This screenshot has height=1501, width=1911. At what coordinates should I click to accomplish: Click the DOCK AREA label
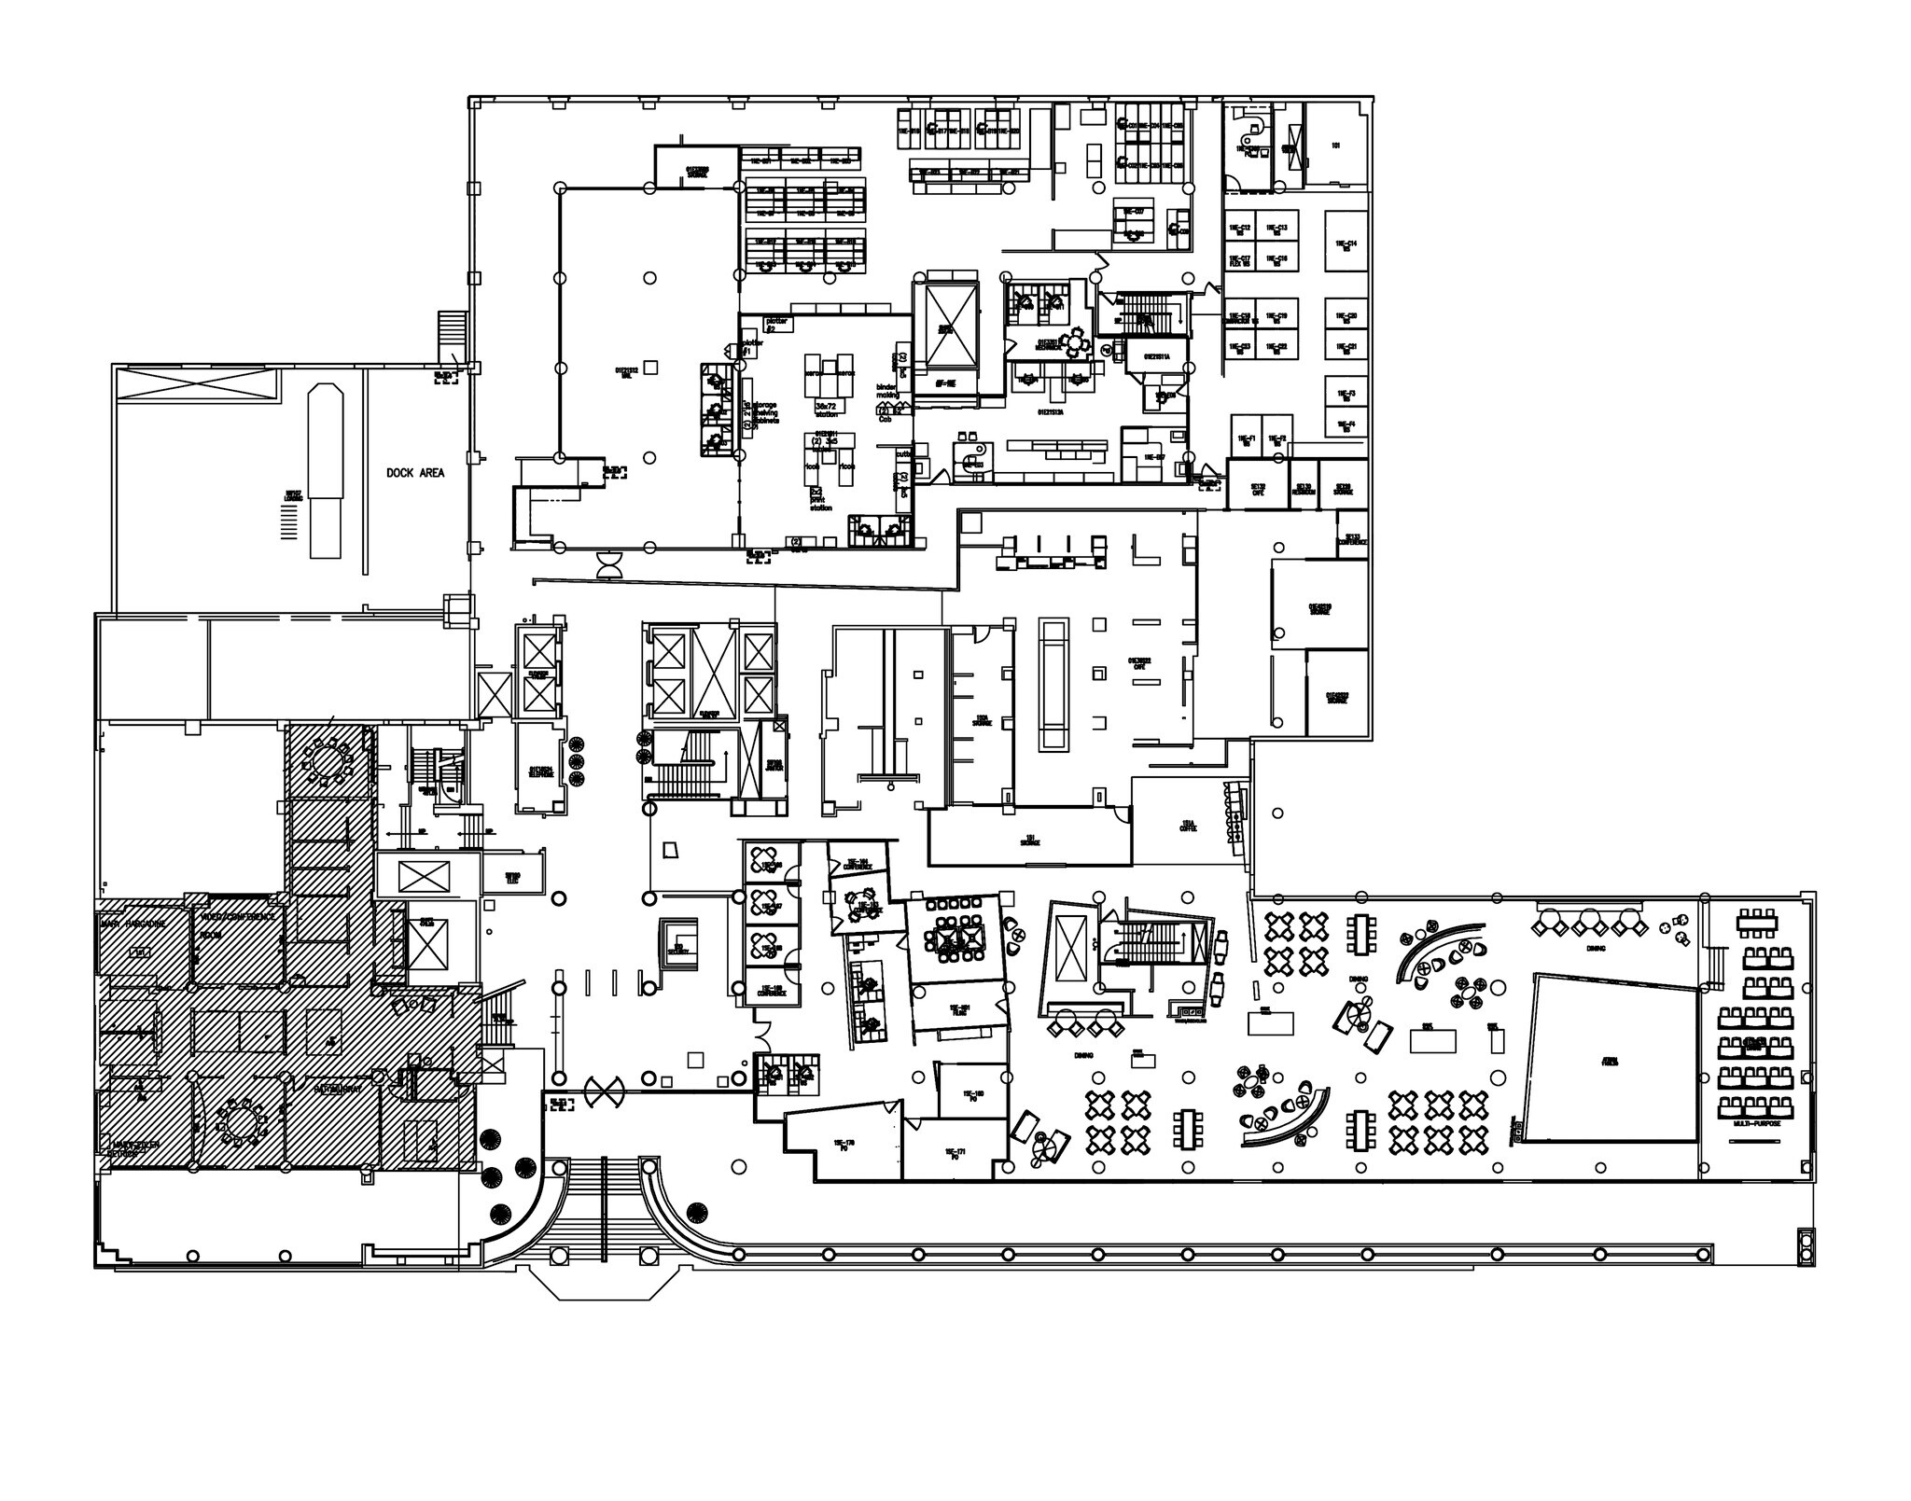pyautogui.click(x=415, y=473)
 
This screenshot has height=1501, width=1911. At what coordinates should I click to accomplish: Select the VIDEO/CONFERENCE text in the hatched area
pyautogui.click(x=237, y=916)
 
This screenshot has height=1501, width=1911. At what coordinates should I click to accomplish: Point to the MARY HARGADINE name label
pyautogui.click(x=133, y=923)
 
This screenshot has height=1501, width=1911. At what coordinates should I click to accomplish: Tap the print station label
pyautogui.click(x=821, y=505)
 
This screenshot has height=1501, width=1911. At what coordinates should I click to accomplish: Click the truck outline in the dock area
pyautogui.click(x=326, y=469)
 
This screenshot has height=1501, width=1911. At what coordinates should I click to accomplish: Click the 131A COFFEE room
pyautogui.click(x=1188, y=825)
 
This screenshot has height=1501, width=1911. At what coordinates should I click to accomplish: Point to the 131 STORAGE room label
pyautogui.click(x=1029, y=840)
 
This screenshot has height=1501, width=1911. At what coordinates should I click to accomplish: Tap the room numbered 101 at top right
pyautogui.click(x=1335, y=146)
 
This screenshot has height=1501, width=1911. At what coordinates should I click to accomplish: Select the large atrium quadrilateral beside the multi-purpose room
pyautogui.click(x=1611, y=1060)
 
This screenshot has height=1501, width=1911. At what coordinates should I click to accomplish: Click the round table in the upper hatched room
pyautogui.click(x=327, y=758)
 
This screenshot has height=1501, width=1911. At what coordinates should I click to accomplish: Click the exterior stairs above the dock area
pyautogui.click(x=452, y=334)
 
